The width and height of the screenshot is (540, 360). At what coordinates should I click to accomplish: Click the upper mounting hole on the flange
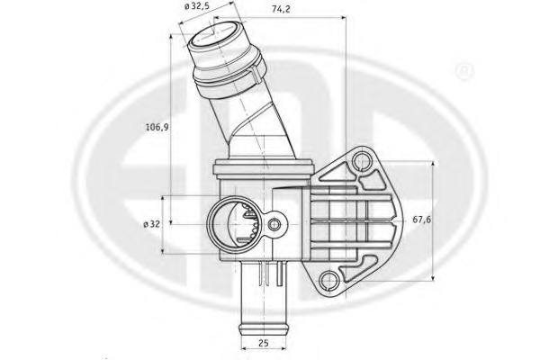[x=363, y=162]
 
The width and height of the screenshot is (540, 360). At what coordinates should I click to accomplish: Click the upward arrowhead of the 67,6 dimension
[x=436, y=165]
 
